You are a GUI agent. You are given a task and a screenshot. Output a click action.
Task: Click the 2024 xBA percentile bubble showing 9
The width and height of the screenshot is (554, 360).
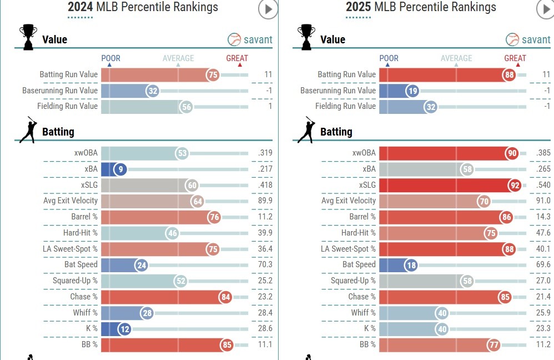(x=119, y=169)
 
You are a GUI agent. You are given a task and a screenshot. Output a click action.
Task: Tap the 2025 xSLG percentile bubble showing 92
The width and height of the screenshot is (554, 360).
(x=515, y=185)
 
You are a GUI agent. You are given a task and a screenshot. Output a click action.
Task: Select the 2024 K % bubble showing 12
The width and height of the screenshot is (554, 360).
(x=124, y=329)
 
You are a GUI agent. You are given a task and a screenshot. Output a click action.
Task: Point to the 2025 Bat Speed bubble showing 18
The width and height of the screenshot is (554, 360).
(x=411, y=265)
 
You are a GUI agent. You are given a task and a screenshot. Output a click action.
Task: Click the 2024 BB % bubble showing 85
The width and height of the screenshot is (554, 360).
(x=226, y=345)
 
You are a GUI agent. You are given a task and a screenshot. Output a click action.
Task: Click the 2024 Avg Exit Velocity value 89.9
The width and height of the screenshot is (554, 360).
(x=264, y=201)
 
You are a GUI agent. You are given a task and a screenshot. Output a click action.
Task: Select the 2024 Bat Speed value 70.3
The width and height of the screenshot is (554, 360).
(x=264, y=264)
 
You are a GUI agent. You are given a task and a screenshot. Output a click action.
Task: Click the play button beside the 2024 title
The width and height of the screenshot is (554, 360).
(x=268, y=8)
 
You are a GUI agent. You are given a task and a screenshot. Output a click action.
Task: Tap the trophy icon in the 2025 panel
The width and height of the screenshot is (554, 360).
(x=306, y=37)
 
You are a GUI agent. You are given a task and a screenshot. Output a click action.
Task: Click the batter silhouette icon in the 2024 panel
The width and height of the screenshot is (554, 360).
(x=28, y=131)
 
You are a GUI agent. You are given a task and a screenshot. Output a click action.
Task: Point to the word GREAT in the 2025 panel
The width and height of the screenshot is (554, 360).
(x=515, y=58)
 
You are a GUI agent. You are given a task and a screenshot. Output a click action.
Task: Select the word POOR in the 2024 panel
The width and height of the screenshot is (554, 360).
(x=110, y=58)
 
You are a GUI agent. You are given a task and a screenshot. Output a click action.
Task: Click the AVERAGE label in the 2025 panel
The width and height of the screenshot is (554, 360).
(x=456, y=58)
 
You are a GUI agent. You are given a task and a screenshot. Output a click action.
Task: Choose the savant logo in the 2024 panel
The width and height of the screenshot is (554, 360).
(x=250, y=39)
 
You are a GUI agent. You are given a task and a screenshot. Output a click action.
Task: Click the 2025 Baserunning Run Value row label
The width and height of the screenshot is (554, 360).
(x=338, y=91)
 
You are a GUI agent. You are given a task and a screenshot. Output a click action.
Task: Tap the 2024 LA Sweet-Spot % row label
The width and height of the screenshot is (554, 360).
(x=70, y=249)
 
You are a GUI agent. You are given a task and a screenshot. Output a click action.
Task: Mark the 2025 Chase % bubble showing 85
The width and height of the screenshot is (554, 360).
(x=505, y=297)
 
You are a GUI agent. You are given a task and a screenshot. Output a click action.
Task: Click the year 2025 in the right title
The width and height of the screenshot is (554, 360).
(x=358, y=7)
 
